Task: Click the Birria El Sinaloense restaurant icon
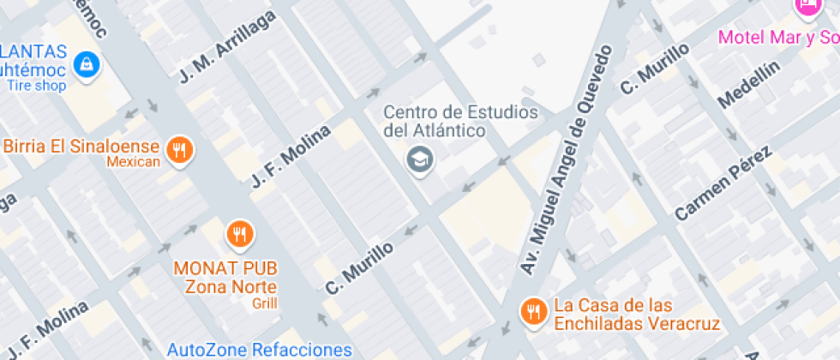tap(179, 151)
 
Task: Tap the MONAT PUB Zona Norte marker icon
tap(239, 232)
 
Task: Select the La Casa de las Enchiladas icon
tap(535, 310)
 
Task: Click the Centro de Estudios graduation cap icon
tap(419, 159)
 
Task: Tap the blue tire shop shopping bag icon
tap(87, 63)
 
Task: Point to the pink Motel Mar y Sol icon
tap(807, 7)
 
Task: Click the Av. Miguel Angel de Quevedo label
tap(569, 159)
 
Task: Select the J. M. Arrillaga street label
tap(228, 47)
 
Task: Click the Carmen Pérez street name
tap(723, 183)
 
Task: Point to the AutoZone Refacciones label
tap(259, 350)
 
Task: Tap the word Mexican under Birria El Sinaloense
tap(134, 162)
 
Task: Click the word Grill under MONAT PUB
tap(264, 303)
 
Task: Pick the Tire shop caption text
tap(37, 85)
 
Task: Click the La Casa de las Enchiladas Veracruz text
tap(637, 315)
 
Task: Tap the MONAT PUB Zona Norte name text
tap(227, 277)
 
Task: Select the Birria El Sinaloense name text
tap(81, 146)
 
